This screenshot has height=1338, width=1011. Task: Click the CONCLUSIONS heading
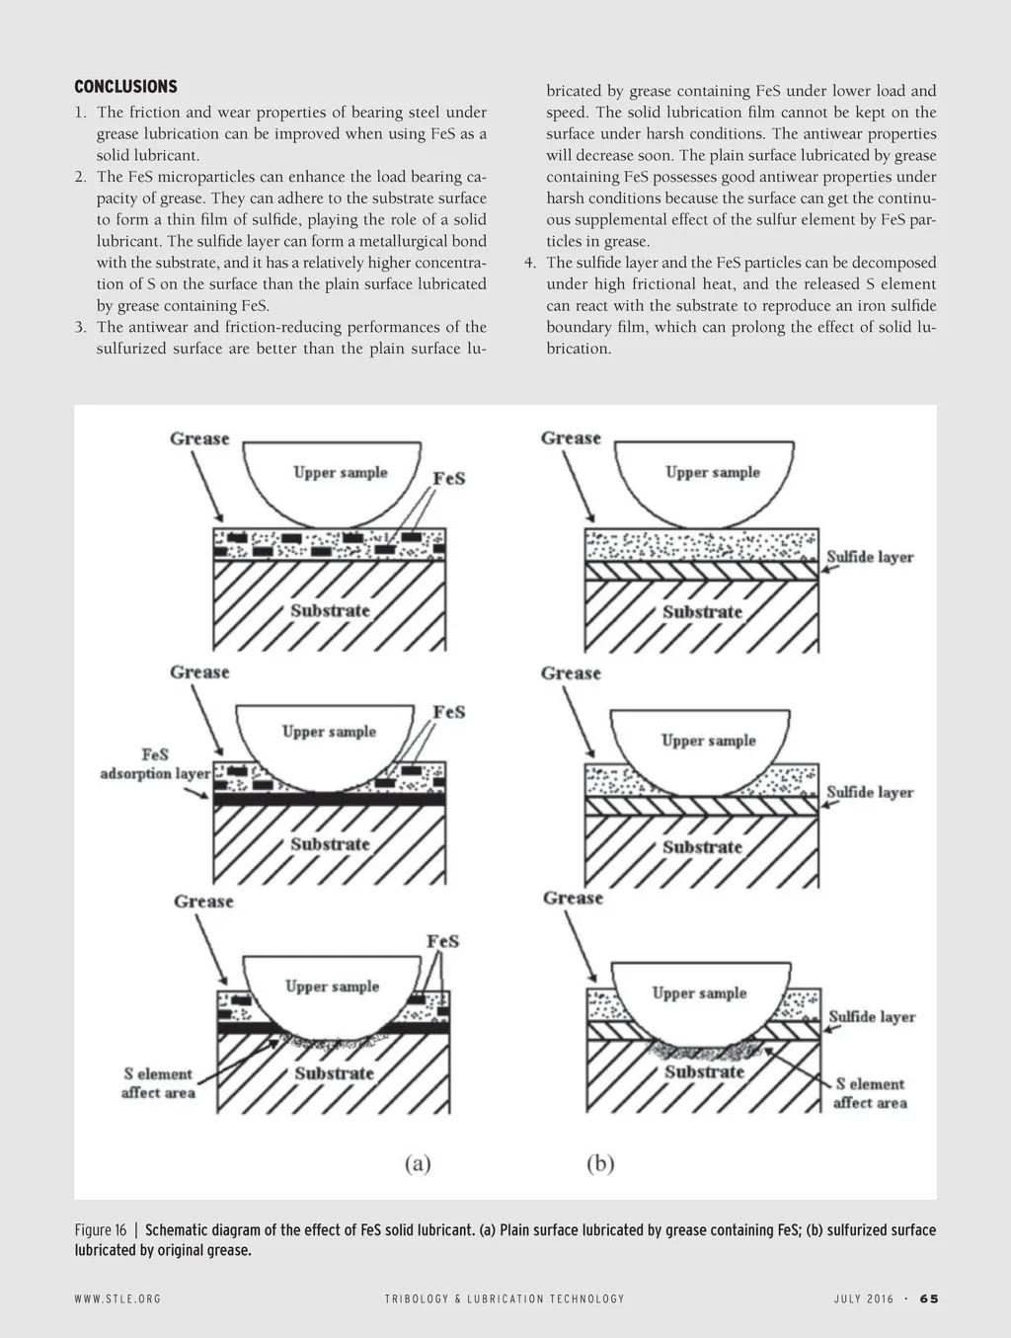(125, 87)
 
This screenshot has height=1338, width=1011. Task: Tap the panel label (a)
(418, 1164)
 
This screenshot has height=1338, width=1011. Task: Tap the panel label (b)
(600, 1164)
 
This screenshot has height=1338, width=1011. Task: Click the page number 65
(929, 1299)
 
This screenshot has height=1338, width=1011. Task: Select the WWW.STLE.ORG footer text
(117, 1299)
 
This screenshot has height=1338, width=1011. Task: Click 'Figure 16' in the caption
(101, 1230)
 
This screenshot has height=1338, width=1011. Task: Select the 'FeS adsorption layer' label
(155, 764)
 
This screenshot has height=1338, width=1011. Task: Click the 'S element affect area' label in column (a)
(158, 1083)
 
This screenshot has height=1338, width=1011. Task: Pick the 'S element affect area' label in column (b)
(870, 1093)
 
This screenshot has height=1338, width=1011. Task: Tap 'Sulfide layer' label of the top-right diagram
(870, 557)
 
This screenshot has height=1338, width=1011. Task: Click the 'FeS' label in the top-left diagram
(449, 479)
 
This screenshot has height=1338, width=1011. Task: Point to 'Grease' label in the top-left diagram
(199, 438)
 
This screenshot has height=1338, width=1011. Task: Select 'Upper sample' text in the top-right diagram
(713, 472)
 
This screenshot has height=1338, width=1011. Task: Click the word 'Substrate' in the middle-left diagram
(330, 844)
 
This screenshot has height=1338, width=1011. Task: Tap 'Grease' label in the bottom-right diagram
(573, 899)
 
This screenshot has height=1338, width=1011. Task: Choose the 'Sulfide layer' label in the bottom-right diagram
(872, 1017)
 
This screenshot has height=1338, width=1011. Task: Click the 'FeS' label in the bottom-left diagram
(443, 941)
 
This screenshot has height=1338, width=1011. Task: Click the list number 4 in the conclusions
(529, 263)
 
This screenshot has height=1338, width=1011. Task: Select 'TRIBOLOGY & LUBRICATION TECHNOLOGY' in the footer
(505, 1299)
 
